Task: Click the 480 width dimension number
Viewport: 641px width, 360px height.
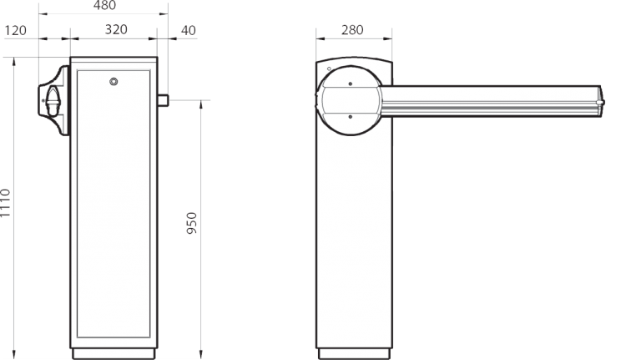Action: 103,7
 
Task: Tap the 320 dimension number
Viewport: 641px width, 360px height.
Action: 116,30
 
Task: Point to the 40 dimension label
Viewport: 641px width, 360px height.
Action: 189,30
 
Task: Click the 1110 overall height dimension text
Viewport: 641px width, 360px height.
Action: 6,204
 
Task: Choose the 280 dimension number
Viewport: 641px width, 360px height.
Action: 354,31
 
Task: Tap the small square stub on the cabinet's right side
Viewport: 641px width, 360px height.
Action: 164,100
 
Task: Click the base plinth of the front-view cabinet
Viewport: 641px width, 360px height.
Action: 114,347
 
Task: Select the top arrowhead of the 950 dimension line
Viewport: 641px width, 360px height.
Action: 201,103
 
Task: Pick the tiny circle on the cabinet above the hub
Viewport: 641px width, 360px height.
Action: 330,70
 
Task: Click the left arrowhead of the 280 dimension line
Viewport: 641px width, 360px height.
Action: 318,38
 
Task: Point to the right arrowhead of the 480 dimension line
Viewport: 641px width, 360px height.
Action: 166,14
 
